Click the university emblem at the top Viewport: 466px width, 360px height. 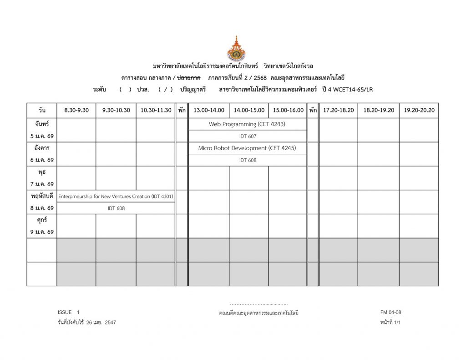tap(236, 49)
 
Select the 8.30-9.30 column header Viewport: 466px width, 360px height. tap(76, 110)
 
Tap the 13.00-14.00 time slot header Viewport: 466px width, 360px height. tap(209, 110)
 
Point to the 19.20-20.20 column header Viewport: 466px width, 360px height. tap(419, 110)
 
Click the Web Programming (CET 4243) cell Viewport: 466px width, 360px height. tap(247, 124)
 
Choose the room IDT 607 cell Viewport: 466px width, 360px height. tap(248, 136)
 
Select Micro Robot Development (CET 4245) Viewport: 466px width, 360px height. tap(247, 148)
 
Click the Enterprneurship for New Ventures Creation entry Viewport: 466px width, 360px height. tap(116, 196)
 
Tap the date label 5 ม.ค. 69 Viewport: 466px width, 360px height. tap(42, 136)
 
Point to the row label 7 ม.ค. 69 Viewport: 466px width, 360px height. tap(42, 184)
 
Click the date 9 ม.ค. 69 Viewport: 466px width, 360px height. tap(42, 232)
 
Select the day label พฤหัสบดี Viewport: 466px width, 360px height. tap(42, 196)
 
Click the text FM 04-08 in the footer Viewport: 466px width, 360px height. tap(390, 312)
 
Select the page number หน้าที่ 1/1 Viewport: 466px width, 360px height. tap(390, 322)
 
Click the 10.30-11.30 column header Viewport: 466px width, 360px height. tap(156, 110)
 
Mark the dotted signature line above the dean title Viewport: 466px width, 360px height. tap(258, 304)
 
